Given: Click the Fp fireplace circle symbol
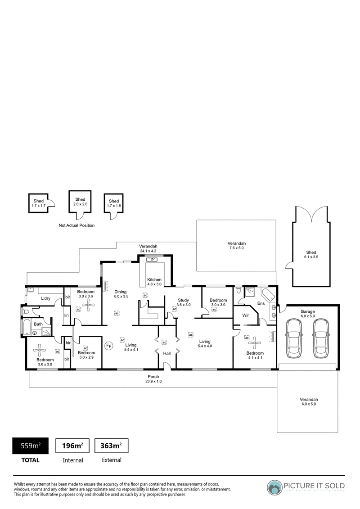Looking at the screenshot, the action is click(109, 346).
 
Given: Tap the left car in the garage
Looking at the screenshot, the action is click(294, 338).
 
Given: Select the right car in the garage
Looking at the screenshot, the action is click(321, 338).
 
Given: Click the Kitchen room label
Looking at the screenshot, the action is click(154, 279).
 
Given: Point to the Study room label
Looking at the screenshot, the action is click(184, 300).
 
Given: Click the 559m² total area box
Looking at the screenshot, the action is click(30, 446).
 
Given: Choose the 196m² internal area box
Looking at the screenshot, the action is click(73, 446).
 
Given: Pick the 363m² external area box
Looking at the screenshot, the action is click(111, 446).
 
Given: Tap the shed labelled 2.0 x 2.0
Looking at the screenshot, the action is click(80, 202).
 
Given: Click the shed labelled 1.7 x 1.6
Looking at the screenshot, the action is click(113, 203).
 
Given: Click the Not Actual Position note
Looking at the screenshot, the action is click(76, 225).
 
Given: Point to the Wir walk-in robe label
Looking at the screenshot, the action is click(245, 315).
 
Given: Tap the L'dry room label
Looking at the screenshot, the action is click(45, 298).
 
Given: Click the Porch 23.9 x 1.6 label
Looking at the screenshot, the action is click(153, 379).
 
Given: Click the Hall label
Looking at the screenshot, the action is click(167, 353).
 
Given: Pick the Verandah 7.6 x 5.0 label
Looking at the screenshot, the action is click(237, 245).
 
